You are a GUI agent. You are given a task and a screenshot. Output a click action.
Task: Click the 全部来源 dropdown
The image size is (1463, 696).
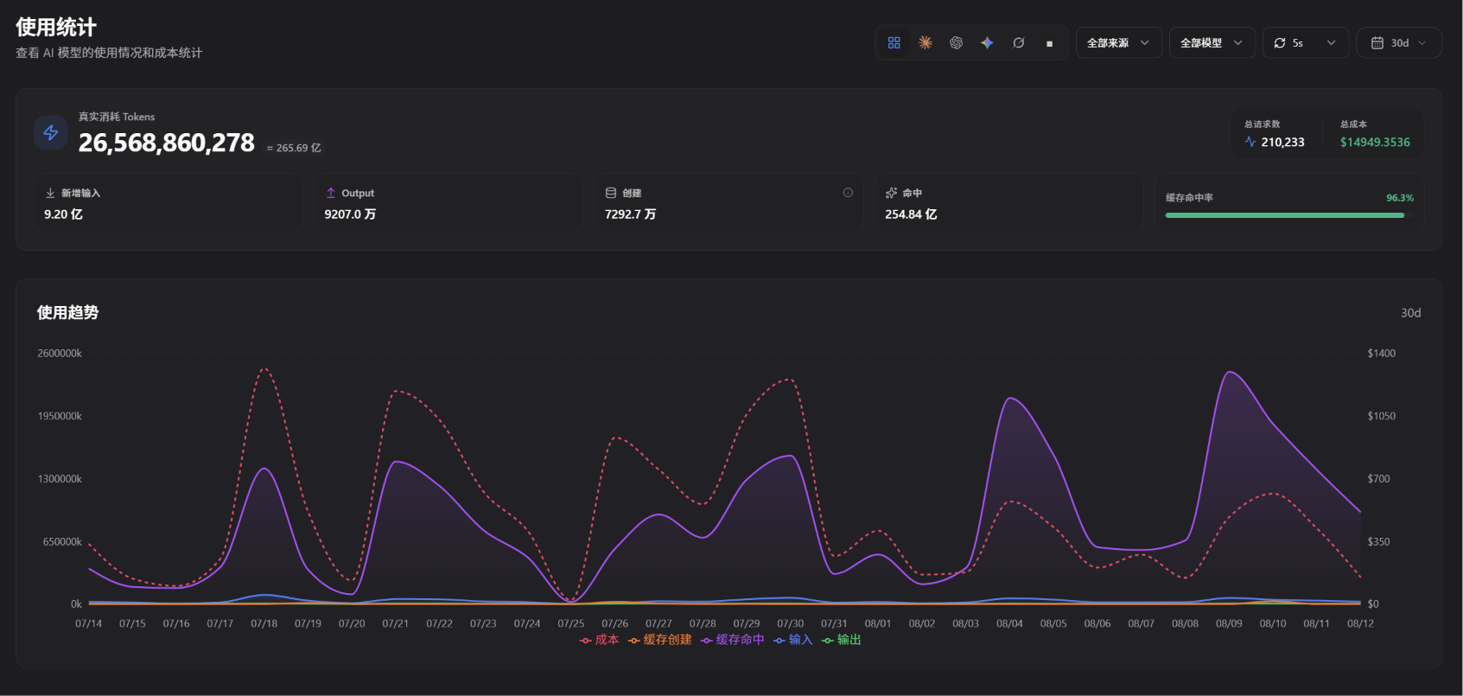point(1118,43)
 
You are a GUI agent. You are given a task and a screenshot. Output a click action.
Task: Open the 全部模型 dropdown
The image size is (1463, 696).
point(1212,43)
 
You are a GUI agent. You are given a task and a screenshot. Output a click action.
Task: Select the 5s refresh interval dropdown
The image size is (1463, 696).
point(1305,43)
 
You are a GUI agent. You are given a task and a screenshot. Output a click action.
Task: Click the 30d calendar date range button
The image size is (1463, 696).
point(1399,43)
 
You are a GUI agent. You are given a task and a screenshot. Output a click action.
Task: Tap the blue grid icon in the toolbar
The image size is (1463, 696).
point(894,43)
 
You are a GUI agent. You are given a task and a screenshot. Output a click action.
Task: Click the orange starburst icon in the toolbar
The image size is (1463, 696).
point(925,43)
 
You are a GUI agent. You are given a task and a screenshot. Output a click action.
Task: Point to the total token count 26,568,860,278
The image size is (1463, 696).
point(167,143)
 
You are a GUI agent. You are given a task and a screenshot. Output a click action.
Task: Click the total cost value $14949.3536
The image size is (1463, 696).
point(1375,143)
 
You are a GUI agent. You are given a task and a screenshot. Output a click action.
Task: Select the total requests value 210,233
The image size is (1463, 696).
point(1282,143)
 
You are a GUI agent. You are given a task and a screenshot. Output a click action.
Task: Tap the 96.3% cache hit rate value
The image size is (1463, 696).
point(1400,197)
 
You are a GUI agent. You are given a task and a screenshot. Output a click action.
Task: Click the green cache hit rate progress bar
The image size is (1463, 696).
point(1285,215)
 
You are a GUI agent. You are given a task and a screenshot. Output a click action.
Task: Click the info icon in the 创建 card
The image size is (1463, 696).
point(848,193)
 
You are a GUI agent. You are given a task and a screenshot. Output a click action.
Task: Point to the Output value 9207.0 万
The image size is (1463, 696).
point(350,214)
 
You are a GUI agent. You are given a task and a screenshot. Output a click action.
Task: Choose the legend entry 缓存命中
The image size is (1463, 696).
point(732,640)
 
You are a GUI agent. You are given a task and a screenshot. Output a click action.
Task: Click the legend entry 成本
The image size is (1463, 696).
point(599,640)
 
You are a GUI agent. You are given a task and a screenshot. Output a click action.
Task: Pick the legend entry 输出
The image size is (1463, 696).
point(841,640)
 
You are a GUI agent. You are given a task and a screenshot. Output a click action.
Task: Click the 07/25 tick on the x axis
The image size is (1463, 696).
point(571,623)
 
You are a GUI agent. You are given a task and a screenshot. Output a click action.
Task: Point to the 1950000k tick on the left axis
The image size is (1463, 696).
point(60,416)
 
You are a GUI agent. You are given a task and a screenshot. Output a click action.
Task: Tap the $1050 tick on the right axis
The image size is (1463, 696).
point(1382,416)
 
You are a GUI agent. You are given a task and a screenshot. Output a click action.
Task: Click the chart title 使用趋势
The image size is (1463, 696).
point(67,312)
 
